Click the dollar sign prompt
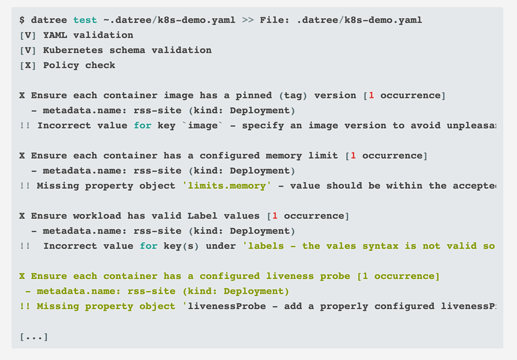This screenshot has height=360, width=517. [22, 20]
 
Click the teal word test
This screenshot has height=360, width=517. [85, 20]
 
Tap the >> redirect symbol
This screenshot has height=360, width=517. [248, 20]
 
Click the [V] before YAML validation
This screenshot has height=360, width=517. [28, 35]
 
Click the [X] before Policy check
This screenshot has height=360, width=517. [28, 65]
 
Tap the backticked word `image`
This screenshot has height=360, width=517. [202, 125]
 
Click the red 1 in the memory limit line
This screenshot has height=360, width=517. [353, 156]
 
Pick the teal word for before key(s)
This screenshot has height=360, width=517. [148, 246]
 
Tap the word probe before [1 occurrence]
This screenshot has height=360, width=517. [335, 276]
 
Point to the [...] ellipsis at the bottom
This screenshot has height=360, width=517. [34, 337]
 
